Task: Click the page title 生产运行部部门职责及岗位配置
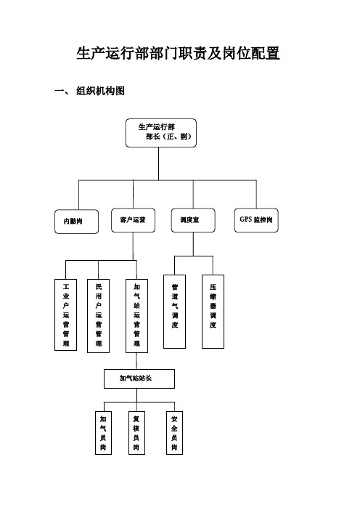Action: click(x=178, y=53)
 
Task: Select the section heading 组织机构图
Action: click(x=100, y=91)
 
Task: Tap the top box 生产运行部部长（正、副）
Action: click(x=161, y=133)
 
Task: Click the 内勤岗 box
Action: click(x=76, y=222)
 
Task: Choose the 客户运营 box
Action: click(x=133, y=220)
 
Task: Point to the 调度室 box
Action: click(x=193, y=220)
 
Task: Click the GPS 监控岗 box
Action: click(x=256, y=220)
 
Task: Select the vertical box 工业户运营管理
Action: click(x=65, y=315)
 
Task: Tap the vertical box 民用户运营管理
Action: click(x=98, y=316)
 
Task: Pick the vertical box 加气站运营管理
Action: click(x=136, y=316)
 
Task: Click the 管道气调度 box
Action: click(x=174, y=312)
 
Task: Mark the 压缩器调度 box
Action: click(x=213, y=312)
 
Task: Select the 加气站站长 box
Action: click(x=139, y=379)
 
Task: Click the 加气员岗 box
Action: click(x=103, y=433)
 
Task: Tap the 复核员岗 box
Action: click(x=136, y=433)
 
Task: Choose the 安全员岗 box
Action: click(x=174, y=433)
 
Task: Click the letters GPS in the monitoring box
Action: click(x=245, y=219)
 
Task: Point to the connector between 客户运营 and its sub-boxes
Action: click(x=133, y=246)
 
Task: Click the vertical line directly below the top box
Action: click(x=158, y=163)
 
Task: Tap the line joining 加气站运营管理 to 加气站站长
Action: click(x=136, y=361)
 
